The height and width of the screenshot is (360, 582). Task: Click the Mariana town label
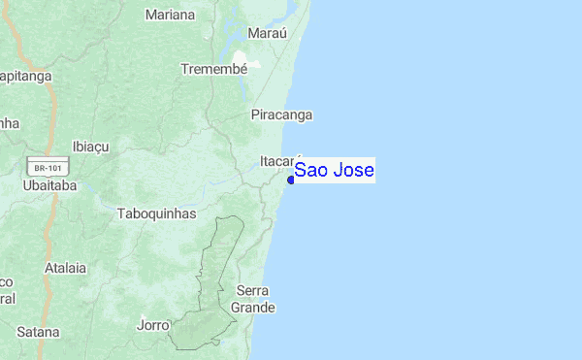(x=170, y=15)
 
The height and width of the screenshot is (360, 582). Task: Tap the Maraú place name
(x=268, y=33)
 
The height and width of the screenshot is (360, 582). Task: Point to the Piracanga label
(x=281, y=115)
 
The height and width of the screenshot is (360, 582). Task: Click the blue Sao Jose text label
(x=334, y=171)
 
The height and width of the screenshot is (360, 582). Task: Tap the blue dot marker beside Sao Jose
(x=290, y=180)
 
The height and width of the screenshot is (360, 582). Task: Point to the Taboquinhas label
(x=156, y=213)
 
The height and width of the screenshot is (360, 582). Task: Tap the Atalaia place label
(x=65, y=267)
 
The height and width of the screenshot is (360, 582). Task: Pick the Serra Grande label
(x=253, y=299)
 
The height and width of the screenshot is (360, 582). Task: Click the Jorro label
(x=153, y=325)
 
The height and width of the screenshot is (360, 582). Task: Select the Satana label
(x=38, y=331)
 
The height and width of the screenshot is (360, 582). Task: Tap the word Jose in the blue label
(x=355, y=171)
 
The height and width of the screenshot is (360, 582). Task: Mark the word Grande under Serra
(x=253, y=308)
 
